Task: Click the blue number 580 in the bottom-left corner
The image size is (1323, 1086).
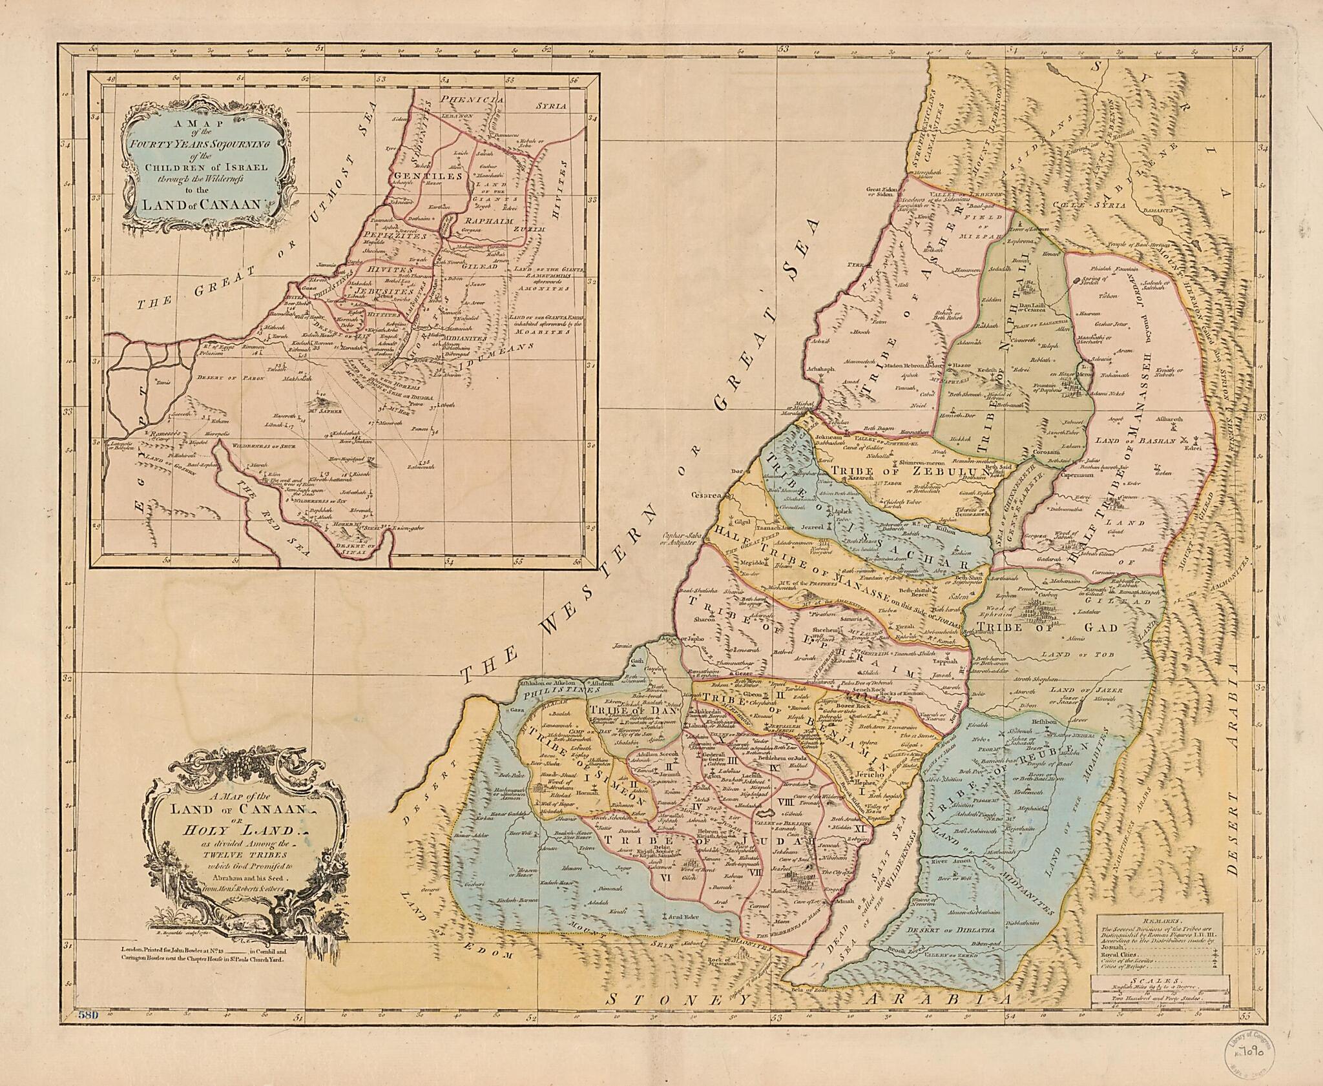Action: tap(86, 1015)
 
